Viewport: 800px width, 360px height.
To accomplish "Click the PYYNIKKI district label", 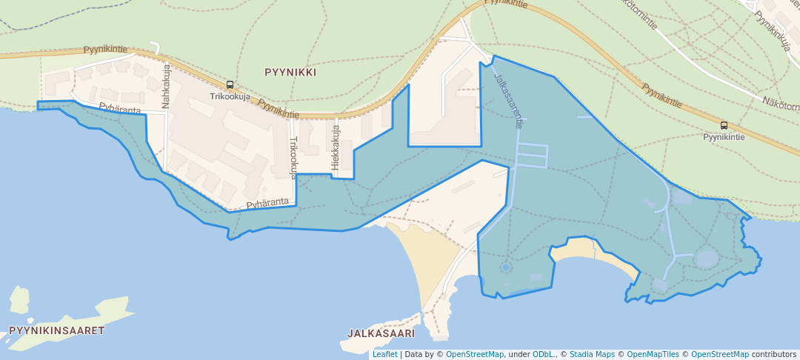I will (290, 73).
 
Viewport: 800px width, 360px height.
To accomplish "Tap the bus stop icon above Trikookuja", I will (230, 85).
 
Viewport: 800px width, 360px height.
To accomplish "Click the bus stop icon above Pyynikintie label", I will (724, 125).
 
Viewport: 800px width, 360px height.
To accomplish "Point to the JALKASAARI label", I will (381, 333).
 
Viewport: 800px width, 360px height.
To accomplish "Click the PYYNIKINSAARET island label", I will (57, 330).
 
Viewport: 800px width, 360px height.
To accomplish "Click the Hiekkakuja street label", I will (336, 147).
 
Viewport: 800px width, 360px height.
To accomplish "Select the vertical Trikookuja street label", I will (293, 157).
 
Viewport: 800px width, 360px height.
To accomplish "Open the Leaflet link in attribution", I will (384, 354).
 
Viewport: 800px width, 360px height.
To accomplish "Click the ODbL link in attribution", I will (544, 354).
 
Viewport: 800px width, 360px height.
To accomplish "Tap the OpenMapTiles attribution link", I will (651, 354).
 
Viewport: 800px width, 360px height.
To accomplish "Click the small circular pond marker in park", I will (506, 267).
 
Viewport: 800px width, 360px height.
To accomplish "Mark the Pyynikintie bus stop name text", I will (724, 137).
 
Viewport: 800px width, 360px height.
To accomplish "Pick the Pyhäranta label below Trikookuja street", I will (267, 202).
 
